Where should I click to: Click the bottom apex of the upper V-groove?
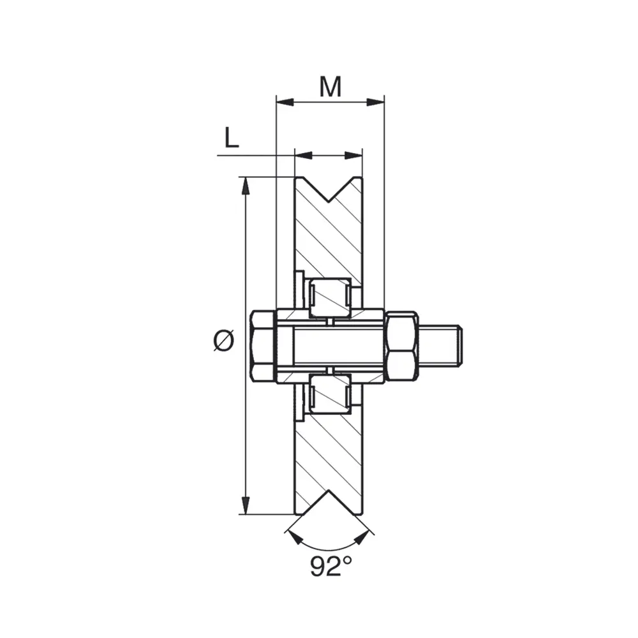[x=329, y=202]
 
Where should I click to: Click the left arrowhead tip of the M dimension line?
[x=277, y=102]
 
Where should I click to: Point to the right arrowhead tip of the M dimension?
[x=384, y=102]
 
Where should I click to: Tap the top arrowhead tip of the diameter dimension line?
[x=245, y=177]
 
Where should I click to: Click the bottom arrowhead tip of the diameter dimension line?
[x=245, y=514]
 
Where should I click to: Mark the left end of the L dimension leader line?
[x=218, y=155]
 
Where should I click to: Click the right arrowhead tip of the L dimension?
[x=362, y=155]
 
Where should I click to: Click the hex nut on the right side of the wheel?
[x=401, y=346]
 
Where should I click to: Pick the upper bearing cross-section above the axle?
[x=329, y=297]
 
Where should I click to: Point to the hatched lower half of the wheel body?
[x=329, y=452]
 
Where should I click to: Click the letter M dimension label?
[x=330, y=87]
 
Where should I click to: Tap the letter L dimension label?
[x=232, y=138]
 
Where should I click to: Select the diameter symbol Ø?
[x=224, y=340]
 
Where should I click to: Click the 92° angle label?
[x=330, y=566]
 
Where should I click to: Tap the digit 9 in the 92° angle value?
[x=317, y=567]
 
